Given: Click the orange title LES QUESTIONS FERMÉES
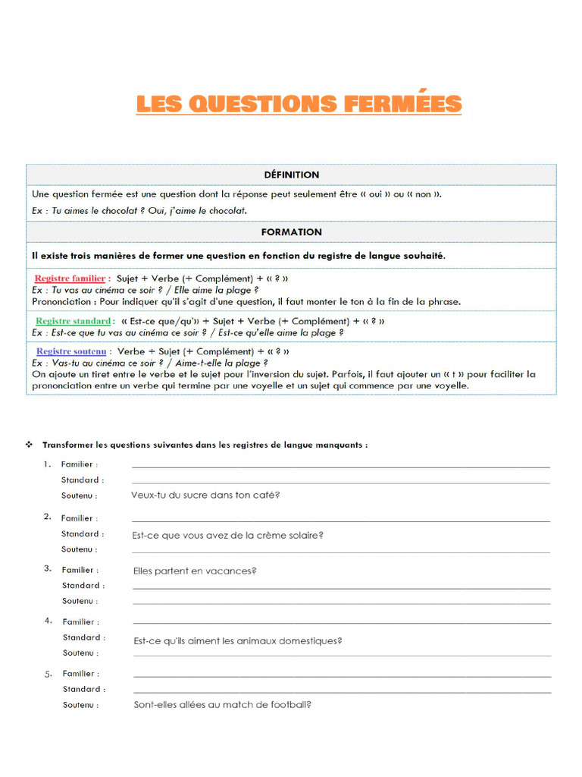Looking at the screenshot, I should coord(299,104).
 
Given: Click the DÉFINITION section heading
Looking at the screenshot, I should coord(291,175).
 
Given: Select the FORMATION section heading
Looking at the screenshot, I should coord(291,232).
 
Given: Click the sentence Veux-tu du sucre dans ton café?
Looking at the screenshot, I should coord(205,495).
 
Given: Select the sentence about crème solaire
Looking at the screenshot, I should coord(228,535).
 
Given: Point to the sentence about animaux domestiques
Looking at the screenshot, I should coord(238,641).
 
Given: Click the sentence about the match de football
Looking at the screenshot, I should coord(222,705).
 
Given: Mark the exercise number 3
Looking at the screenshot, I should coord(48,568).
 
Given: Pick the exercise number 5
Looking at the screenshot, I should coord(48,673).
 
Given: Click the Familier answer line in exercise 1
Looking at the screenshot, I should coord(341,466).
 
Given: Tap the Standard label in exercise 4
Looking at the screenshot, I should coord(83,637).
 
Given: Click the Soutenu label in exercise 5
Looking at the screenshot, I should coord(80,705).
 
